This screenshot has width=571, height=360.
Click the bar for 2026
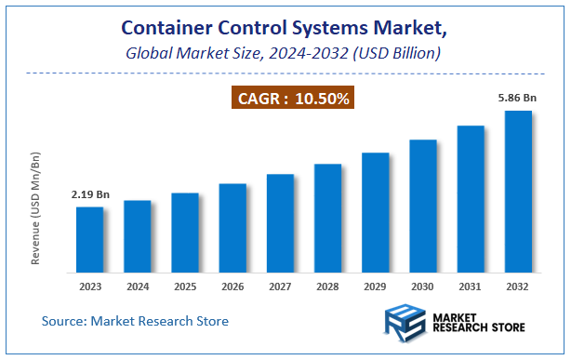[x=232, y=228]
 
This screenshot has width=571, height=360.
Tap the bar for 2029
[x=375, y=212]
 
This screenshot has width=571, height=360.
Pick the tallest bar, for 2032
[x=518, y=192]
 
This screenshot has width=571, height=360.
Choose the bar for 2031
[x=471, y=199]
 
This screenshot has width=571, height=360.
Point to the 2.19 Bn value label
[x=90, y=195]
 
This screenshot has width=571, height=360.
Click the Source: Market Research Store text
[x=135, y=321]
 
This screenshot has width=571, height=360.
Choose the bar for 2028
[x=327, y=219]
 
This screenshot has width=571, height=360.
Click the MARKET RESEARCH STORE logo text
[x=479, y=323]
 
